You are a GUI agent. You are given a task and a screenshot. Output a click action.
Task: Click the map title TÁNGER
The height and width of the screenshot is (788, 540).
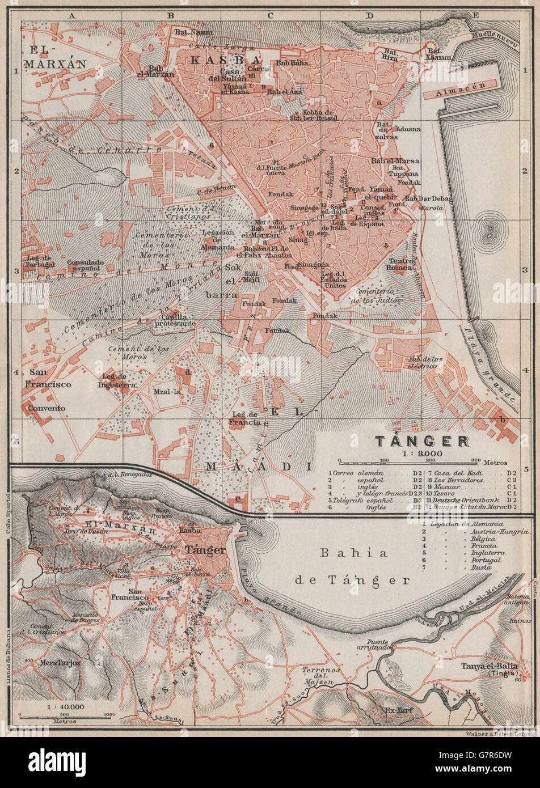[420, 440]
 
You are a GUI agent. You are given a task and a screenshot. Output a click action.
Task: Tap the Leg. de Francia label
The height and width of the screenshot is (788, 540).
[244, 418]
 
